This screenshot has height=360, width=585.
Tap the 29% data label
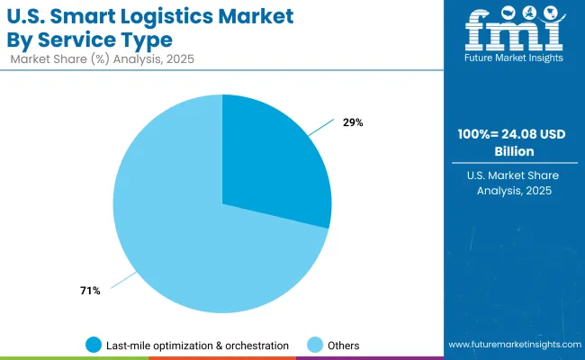coord(353,122)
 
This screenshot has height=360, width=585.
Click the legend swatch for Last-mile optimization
coord(94,345)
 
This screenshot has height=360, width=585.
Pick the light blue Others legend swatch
coord(315,345)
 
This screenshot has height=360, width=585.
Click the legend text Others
coord(343,345)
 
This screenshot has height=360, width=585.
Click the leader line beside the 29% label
coord(320,130)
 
